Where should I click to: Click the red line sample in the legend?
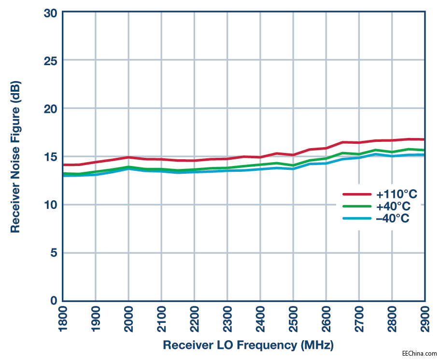(x=356, y=194)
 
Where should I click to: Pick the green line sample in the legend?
(x=356, y=207)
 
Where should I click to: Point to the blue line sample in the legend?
(x=356, y=219)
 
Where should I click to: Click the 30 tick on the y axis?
(x=51, y=13)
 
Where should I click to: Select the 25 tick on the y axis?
(x=51, y=61)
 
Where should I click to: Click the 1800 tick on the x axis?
(x=63, y=318)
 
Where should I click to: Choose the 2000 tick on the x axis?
(x=129, y=318)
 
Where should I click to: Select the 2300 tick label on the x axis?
(x=227, y=318)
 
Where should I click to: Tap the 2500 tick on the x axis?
(x=293, y=318)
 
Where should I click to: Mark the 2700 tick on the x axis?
(x=359, y=318)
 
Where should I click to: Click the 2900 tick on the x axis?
(x=425, y=318)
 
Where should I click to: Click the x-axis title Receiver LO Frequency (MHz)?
(x=248, y=346)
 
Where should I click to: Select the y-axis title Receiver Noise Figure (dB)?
(x=16, y=157)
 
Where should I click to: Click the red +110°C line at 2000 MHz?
(x=128, y=157)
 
